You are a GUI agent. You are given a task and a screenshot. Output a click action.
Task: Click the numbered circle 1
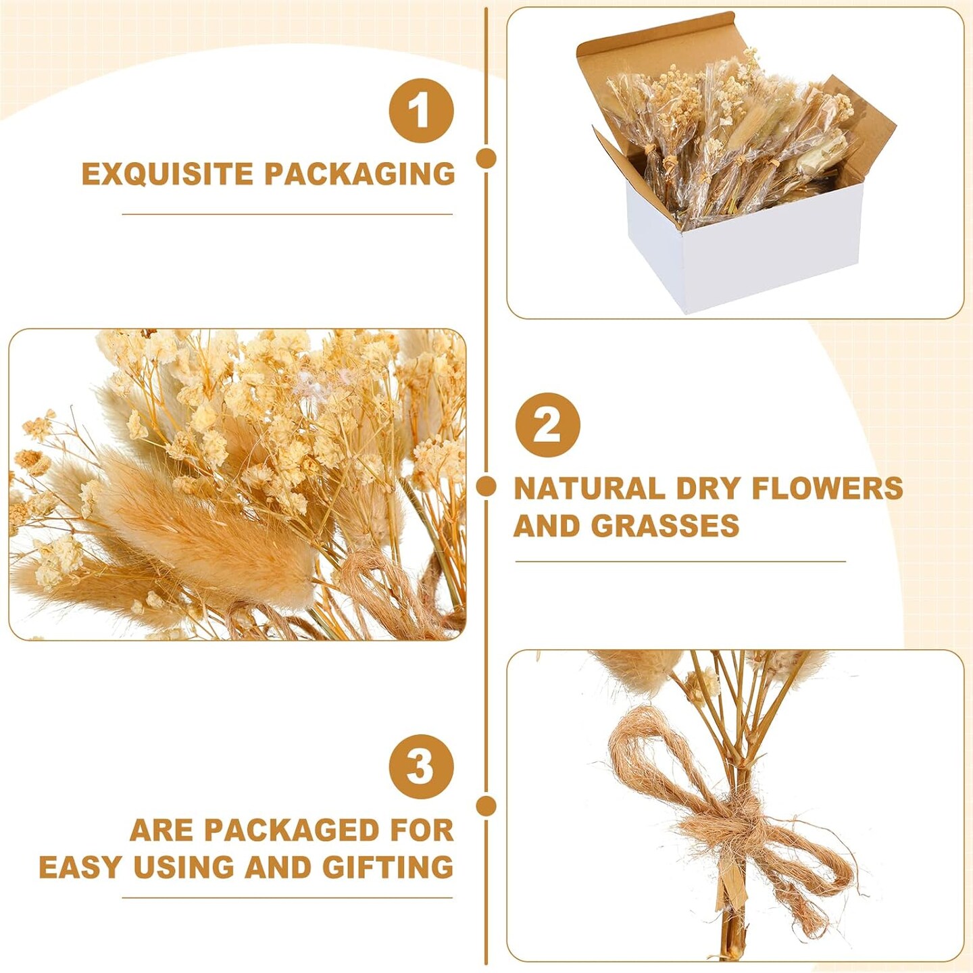(421, 111)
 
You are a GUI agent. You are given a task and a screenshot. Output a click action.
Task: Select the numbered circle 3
(421, 766)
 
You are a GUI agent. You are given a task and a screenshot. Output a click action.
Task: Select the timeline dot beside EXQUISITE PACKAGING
(487, 157)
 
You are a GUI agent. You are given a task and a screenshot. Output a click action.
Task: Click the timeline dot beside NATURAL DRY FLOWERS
(487, 487)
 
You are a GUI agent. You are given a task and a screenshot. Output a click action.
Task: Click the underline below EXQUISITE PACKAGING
(287, 215)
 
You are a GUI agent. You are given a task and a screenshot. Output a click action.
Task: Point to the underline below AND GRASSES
(680, 561)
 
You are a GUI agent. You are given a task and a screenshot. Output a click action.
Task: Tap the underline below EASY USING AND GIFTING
(287, 898)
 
